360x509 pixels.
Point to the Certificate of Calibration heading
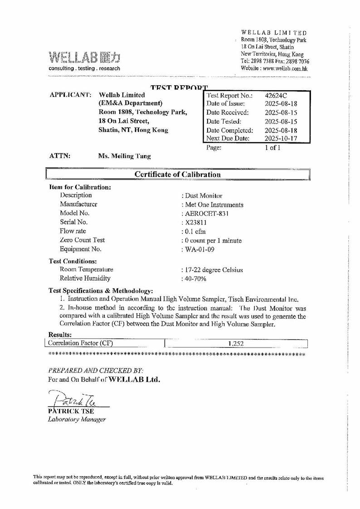click(178, 175)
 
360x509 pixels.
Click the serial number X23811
click(196, 223)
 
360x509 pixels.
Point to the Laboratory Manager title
click(77, 420)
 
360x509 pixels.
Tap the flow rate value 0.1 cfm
click(195, 232)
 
